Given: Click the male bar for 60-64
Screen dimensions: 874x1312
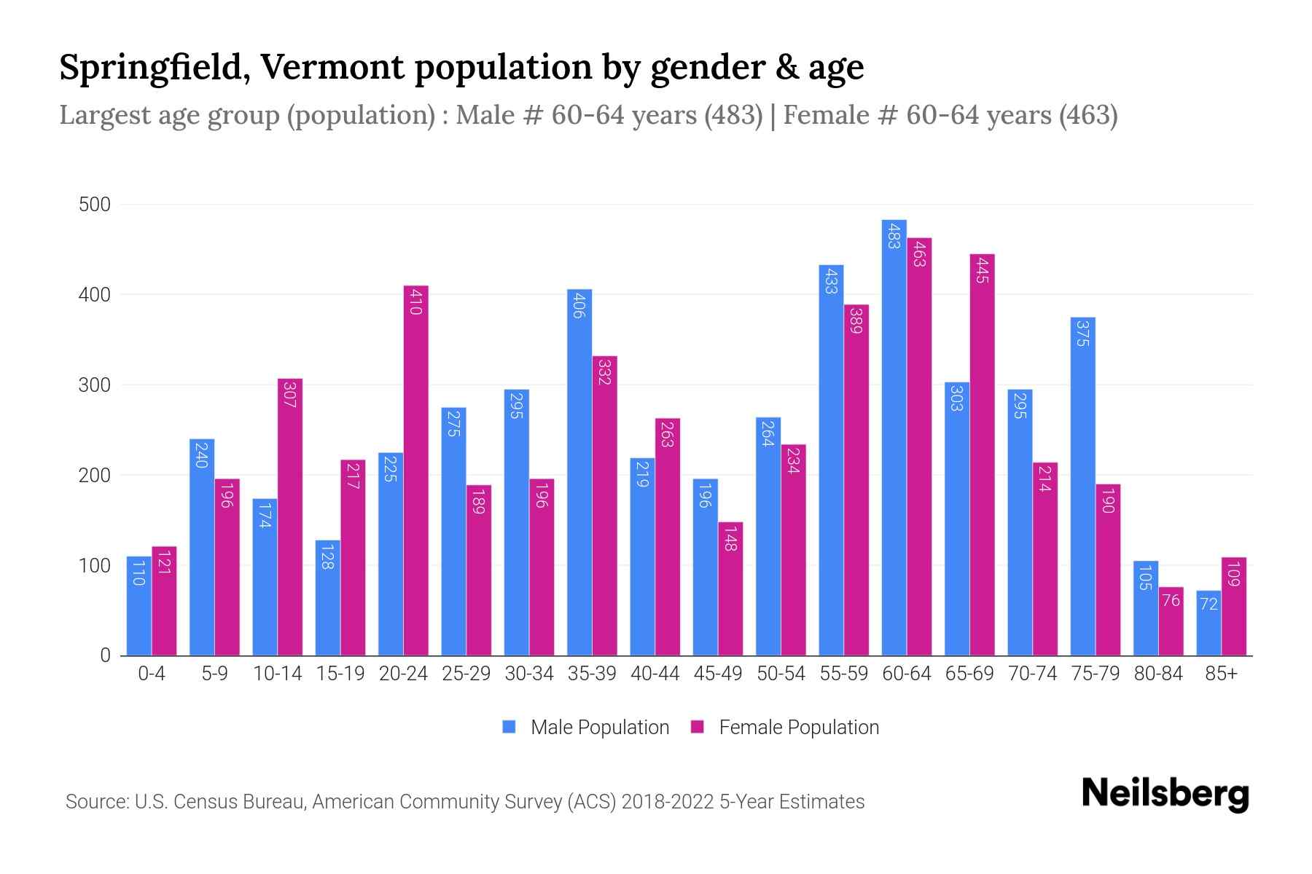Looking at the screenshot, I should (x=894, y=437).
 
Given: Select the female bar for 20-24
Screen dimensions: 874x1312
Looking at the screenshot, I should (x=415, y=471).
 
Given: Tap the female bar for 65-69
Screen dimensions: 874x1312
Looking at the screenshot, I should (x=982, y=454).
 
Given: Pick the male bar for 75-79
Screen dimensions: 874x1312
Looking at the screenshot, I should (x=1082, y=487).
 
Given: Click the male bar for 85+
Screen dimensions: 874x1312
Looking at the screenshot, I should (x=1208, y=623).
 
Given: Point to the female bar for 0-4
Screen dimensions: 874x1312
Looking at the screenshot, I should (x=164, y=601).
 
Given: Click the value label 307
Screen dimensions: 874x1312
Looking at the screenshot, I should (x=289, y=394).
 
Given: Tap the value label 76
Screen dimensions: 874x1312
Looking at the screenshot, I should (x=1171, y=601).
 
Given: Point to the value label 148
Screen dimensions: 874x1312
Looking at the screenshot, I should (x=730, y=538).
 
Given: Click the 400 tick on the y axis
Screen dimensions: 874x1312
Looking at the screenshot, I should (x=95, y=295).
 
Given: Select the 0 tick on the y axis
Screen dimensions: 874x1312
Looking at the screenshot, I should (x=106, y=655).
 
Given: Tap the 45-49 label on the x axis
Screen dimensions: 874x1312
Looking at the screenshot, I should (x=718, y=674).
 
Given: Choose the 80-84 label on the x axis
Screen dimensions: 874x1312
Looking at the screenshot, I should (x=1158, y=674).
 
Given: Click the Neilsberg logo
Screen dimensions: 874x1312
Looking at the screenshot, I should (x=1165, y=794).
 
